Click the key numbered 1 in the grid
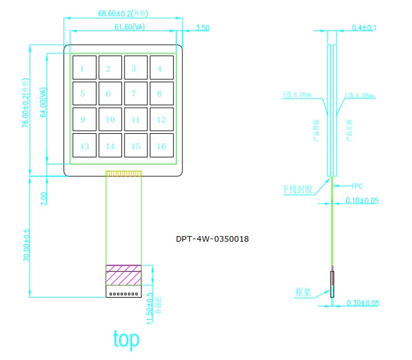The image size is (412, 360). pos(83,69)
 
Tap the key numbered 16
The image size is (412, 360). pos(161,146)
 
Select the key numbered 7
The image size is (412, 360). pos(134,94)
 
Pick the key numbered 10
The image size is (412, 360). pos(109,120)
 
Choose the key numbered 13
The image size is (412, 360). pos(83,146)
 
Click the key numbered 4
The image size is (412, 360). pos(161,69)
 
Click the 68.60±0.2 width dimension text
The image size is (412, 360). pos(123,13)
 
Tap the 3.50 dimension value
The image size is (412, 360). pos(202,27)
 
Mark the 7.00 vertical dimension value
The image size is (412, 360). pos(43,199)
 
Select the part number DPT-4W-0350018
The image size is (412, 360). pos(212,239)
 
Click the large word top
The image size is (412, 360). pos(126,339)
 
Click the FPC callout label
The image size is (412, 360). pos(357,186)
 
